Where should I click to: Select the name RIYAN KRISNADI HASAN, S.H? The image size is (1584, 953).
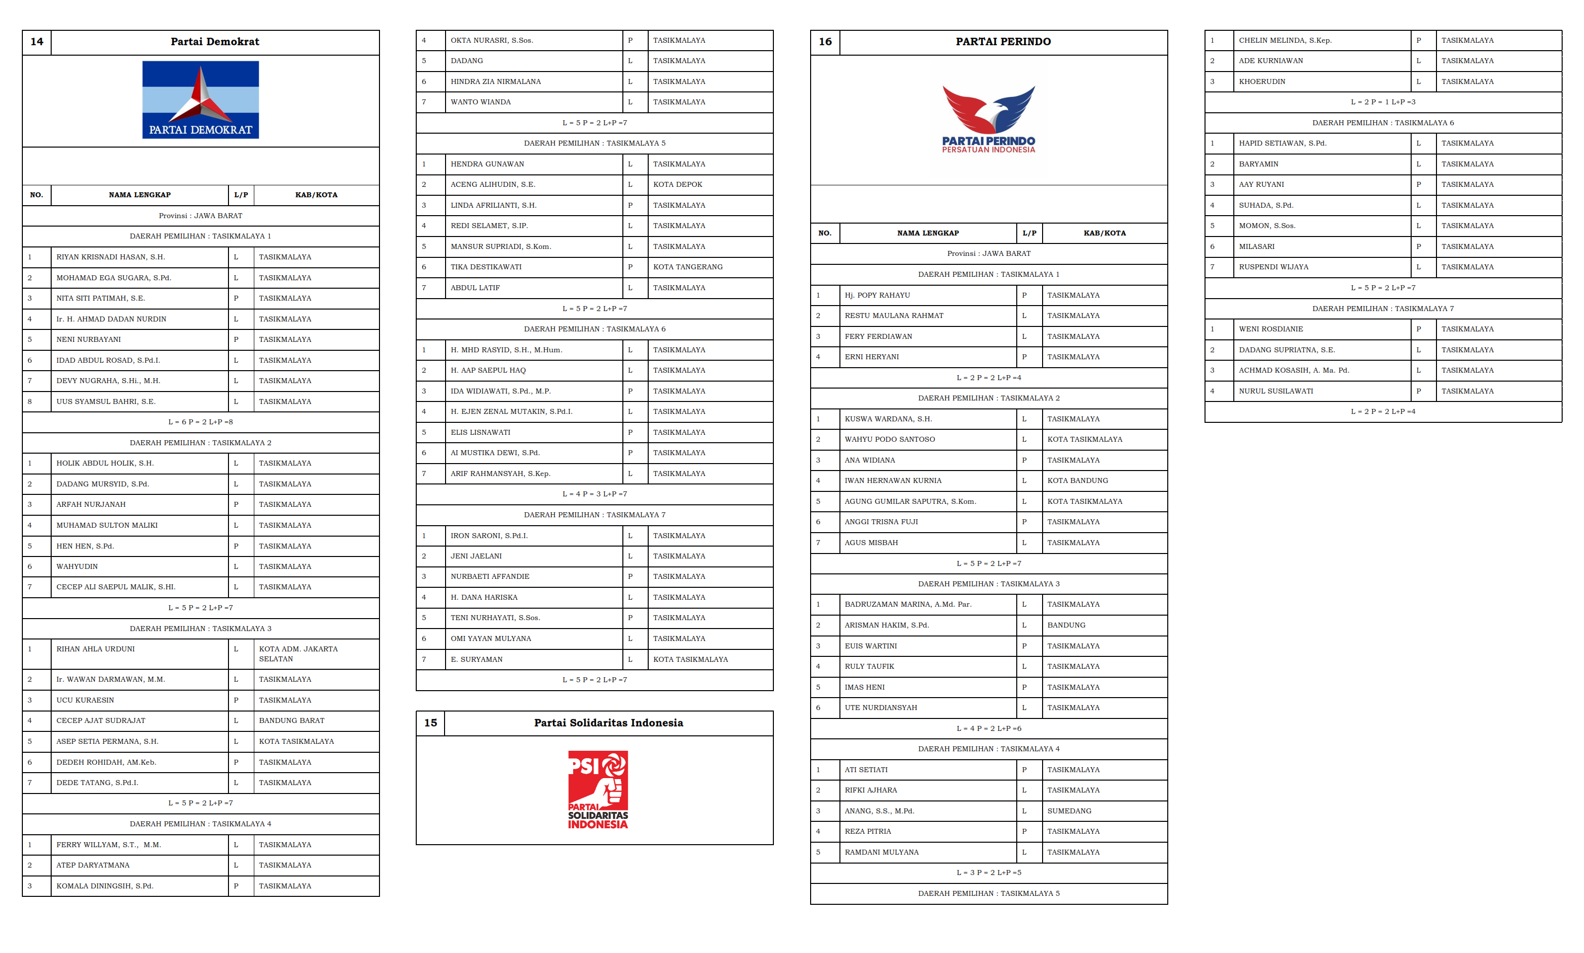pos(110,257)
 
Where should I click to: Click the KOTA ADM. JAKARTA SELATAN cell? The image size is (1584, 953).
pos(298,654)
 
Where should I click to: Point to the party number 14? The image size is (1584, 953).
pos(37,42)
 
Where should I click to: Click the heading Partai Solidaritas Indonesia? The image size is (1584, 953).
pos(608,722)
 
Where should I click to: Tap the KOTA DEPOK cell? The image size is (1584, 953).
pos(677,184)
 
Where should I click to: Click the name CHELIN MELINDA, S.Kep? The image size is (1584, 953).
pos(1284,40)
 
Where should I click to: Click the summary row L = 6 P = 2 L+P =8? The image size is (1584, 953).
pos(200,422)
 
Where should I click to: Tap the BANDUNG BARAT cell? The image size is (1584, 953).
pos(292,720)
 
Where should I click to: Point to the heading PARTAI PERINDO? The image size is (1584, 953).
pos(1002,42)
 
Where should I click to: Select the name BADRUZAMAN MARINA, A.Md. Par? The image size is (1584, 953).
pos(907,604)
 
